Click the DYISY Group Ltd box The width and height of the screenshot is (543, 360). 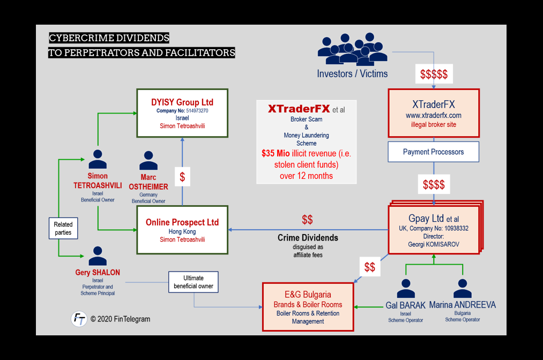(x=182, y=112)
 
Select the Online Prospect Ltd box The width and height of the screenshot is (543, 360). (x=182, y=227)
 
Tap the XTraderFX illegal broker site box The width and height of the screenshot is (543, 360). (x=434, y=112)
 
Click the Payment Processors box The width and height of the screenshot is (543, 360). (x=434, y=152)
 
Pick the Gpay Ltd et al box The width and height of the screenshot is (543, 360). (x=434, y=227)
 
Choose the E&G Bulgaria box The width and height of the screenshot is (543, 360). (x=308, y=306)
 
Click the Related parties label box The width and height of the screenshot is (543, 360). (x=63, y=228)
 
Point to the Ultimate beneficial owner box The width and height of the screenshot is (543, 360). (x=194, y=282)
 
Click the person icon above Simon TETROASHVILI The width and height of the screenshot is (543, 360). (x=98, y=159)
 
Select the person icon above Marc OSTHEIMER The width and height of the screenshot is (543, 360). (x=148, y=161)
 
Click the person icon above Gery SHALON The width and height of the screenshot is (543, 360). (x=98, y=256)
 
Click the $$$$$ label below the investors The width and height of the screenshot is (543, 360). (x=434, y=74)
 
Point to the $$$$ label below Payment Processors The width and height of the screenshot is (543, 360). (x=434, y=185)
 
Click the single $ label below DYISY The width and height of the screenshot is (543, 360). (x=182, y=177)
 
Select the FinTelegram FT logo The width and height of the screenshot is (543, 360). (x=79, y=319)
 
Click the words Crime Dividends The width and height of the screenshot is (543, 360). (x=308, y=237)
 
